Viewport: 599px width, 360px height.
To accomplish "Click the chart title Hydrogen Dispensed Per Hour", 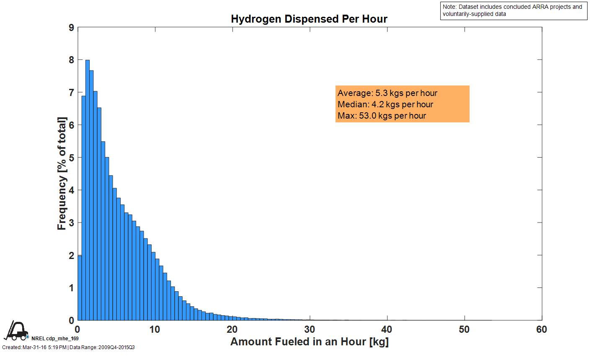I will coord(309,19).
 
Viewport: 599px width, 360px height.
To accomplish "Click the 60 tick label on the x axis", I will coord(542,329).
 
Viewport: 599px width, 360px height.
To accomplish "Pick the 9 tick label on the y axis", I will coord(71,28).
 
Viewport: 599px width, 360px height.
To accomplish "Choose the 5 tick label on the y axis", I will coord(71,158).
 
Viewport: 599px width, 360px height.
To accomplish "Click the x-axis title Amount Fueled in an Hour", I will coord(309,342).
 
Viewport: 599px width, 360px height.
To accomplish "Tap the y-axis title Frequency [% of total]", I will coord(62,174).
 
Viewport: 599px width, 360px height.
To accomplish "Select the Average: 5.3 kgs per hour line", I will coord(387,93).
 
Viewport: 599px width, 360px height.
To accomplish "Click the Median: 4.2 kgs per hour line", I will coord(385,104).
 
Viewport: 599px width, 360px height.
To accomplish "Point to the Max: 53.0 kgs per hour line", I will coord(382,116).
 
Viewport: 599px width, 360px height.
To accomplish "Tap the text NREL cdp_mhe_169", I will coord(55,338).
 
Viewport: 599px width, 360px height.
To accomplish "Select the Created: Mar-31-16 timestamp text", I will coord(34,347).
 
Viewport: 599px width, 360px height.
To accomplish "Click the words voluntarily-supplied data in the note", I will coord(474,14).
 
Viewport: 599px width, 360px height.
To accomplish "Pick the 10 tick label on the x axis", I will coord(155,329).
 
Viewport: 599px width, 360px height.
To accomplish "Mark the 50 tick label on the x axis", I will coord(464,329).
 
